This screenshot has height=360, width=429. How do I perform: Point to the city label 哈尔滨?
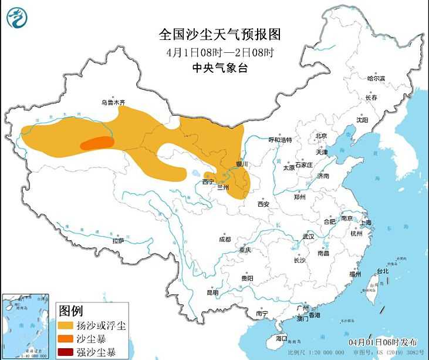point(376,78)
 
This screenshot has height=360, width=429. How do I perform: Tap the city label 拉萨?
point(118,240)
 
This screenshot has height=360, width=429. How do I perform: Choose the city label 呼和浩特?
point(280,140)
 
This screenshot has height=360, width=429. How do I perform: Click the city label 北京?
point(320,136)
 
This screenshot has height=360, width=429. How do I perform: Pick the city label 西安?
point(263,204)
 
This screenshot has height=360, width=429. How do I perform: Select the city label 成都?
point(225,239)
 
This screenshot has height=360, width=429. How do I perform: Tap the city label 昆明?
point(212,292)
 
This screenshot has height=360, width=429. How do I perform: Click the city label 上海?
point(365,223)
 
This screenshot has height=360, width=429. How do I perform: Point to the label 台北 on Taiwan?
point(383,271)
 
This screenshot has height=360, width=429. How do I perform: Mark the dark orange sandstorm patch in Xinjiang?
point(96,143)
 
